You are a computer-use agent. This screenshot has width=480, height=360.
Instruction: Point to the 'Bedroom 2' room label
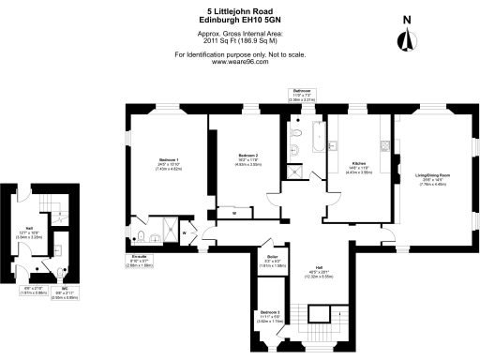tap(247, 157)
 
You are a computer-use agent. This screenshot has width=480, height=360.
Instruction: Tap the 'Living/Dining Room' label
tap(434, 178)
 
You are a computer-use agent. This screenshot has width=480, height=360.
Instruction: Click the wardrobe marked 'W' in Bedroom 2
tap(234, 214)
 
